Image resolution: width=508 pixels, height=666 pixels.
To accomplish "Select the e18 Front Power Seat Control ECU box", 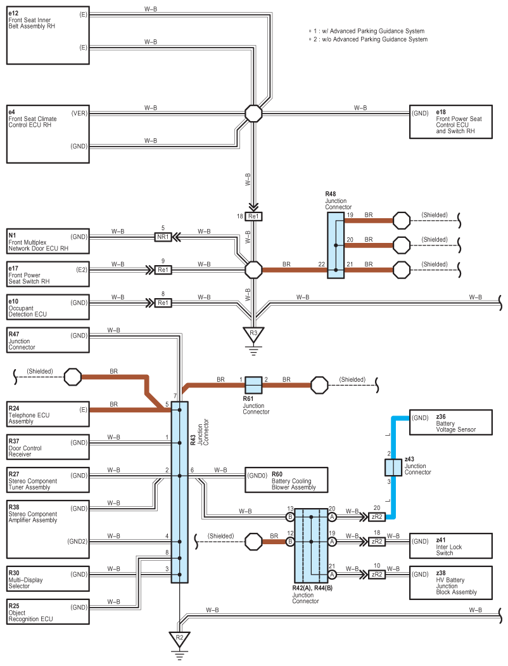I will pos(450,122).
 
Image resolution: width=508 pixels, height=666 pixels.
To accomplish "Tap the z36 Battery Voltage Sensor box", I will pos(450,424).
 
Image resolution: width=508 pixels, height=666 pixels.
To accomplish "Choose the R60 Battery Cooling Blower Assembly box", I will pos(286,480).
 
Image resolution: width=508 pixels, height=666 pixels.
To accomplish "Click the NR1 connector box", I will pos(163,237).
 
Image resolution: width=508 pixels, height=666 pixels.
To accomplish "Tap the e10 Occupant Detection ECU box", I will pos(48,306).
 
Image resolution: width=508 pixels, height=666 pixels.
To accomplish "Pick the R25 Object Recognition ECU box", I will pos(48,610).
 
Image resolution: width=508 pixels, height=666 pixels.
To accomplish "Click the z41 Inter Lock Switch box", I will pos(450,546).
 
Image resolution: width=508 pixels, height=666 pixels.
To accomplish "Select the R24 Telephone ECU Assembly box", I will pos(48,413).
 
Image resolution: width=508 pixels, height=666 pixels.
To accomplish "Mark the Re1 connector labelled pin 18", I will pos(253,216).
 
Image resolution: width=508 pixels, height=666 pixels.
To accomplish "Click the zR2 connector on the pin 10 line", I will pos(376,574).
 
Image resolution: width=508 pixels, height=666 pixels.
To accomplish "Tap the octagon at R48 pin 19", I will pos(402,220).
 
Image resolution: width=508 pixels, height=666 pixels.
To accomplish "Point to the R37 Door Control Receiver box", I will pos(48,447).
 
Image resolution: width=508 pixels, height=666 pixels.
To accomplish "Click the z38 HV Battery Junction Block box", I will pos(450,582).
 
